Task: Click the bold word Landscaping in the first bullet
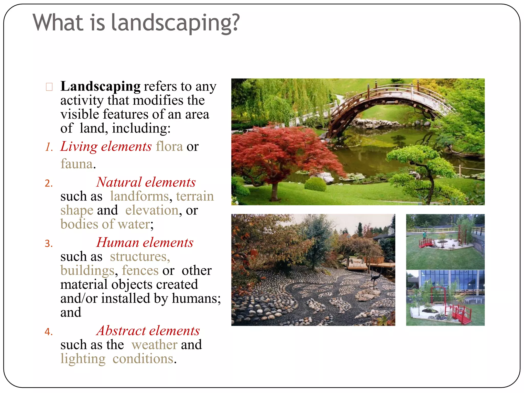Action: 100,86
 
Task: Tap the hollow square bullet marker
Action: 49,87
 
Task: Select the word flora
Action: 169,147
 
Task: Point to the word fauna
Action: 77,164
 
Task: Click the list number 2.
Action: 49,184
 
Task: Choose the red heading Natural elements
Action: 146,182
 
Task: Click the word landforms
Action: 139,196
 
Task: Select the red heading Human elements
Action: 145,243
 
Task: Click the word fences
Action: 140,271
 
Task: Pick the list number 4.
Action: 49,332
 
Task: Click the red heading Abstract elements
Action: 148,331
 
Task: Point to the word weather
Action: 154,345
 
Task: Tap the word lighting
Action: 83,359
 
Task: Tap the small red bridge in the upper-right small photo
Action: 426,243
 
